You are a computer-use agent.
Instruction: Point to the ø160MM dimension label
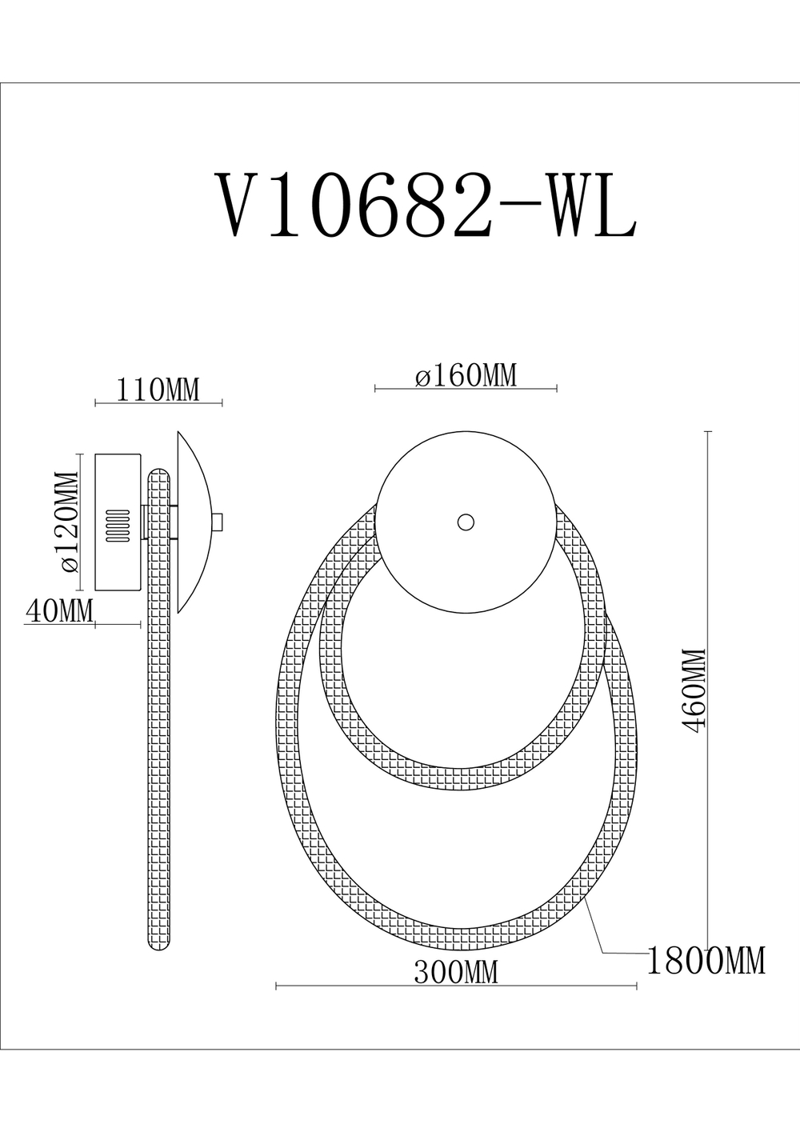click(466, 375)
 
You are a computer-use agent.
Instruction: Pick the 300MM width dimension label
click(455, 972)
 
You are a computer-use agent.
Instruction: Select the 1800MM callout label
click(705, 961)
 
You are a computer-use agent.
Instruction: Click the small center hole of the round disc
click(465, 522)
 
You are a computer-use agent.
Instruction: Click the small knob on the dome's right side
click(218, 522)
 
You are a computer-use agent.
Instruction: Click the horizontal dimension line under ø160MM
click(466, 390)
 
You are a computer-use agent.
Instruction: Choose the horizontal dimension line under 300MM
click(455, 986)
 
